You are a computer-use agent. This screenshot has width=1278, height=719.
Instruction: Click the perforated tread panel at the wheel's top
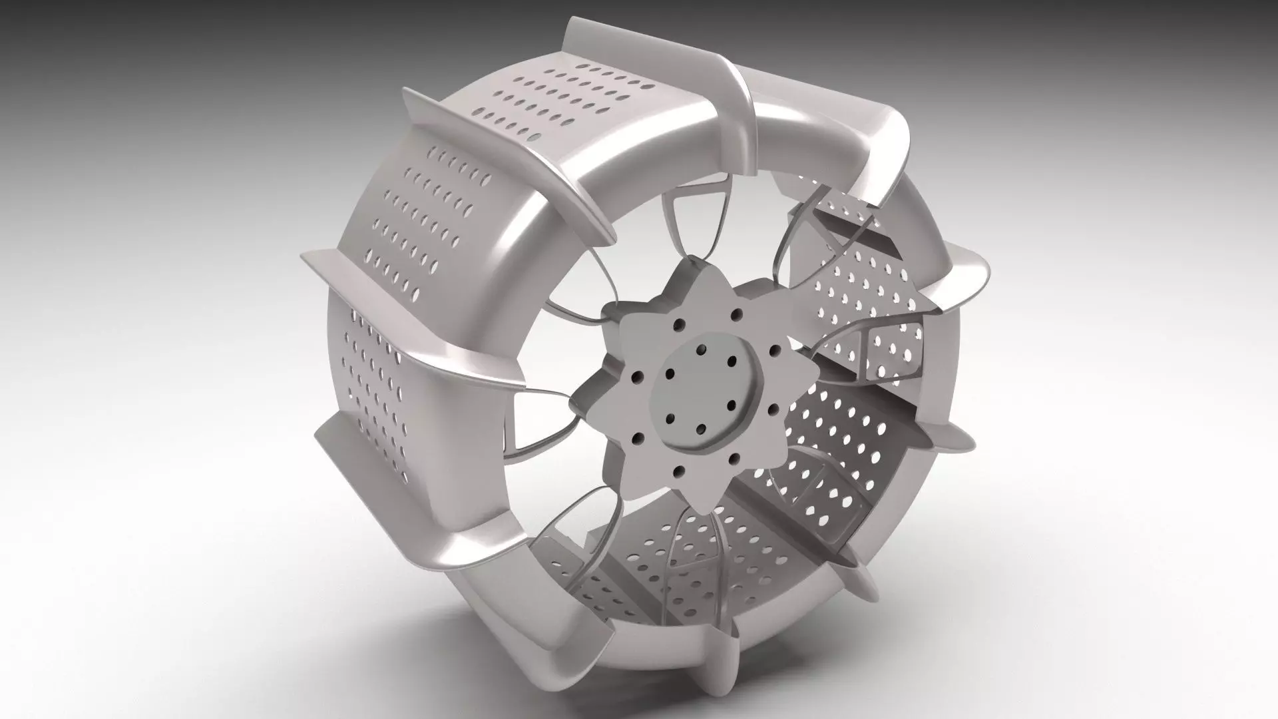click(566, 100)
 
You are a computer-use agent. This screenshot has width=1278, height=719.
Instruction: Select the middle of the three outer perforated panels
click(426, 213)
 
